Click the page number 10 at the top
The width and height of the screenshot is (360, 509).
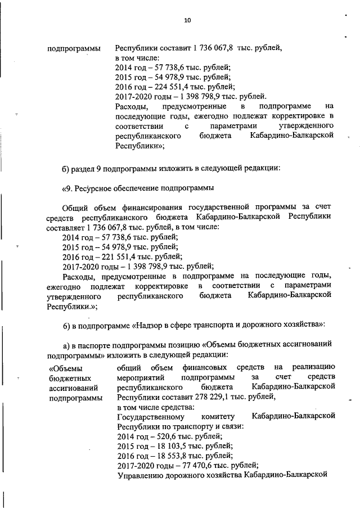coord(187,21)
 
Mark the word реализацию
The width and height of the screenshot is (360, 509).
coord(313,367)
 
